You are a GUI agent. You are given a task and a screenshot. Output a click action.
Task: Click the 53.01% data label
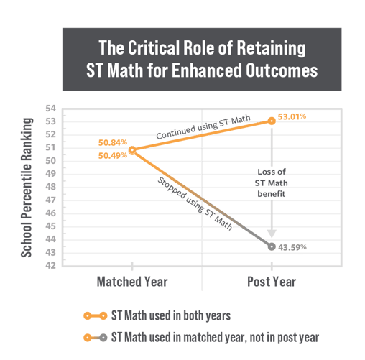coord(292,116)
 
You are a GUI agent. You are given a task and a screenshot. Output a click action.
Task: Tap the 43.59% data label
coord(292,247)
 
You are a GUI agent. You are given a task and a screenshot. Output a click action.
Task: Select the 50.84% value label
coord(113,143)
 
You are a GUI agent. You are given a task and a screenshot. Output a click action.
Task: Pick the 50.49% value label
coord(113,156)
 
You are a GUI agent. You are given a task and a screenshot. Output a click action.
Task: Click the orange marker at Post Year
coord(272,121)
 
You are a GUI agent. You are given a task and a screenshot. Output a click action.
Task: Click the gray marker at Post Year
coord(272,246)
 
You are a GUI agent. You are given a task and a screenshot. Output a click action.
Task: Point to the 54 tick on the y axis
coord(50,109)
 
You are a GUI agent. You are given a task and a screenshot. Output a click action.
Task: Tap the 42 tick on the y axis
coord(50,265)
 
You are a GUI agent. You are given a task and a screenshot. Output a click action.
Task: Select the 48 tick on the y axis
coord(50,187)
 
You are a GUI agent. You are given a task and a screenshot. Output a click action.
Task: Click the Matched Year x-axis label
coord(132,282)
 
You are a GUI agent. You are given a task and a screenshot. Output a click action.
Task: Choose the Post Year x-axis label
coord(272,282)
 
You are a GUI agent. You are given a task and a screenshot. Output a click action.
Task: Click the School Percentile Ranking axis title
coord(27,188)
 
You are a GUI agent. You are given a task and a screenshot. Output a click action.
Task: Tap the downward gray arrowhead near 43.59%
coord(272,234)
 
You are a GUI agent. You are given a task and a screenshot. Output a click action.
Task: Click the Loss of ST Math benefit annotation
coord(272,183)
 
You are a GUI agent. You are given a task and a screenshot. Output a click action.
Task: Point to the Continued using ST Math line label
coord(203,127)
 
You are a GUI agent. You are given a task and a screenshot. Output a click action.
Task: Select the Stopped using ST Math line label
coord(195,204)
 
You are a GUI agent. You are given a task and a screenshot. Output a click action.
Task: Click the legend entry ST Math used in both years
coord(157,315)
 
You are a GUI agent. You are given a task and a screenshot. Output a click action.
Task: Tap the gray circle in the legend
coord(103,338)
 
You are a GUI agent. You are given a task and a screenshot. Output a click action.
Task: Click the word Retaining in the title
coord(271,48)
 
